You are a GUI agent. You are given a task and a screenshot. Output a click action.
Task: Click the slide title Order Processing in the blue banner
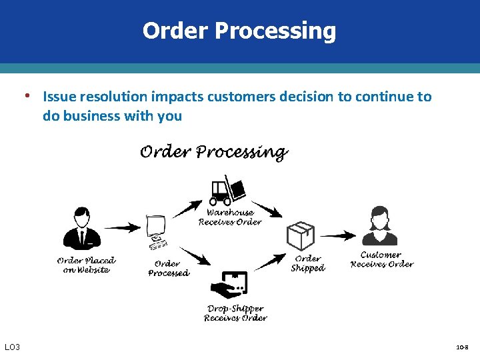point(239,31)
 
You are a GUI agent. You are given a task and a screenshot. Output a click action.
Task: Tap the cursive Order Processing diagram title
point(213,153)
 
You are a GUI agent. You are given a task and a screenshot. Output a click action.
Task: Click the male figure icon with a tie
point(82,229)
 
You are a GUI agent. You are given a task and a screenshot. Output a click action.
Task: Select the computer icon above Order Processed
point(157,231)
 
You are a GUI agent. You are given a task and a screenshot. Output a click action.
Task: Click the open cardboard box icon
point(300,236)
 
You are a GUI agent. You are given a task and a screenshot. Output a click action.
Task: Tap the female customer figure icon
point(379,226)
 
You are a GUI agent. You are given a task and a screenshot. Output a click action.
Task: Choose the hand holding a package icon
point(230,285)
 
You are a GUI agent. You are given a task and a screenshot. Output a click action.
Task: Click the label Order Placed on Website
point(86,265)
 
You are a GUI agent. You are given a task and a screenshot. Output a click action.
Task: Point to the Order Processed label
point(168,268)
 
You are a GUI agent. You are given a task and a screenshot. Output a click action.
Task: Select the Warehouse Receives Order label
point(230,217)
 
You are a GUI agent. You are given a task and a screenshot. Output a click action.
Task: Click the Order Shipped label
point(307,263)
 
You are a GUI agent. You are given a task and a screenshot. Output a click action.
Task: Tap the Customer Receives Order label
point(381,259)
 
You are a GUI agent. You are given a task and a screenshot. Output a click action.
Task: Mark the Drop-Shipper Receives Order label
point(235,313)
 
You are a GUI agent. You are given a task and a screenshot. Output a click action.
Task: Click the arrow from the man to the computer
point(123,228)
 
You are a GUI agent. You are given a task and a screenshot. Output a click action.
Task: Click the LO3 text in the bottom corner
point(13,347)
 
